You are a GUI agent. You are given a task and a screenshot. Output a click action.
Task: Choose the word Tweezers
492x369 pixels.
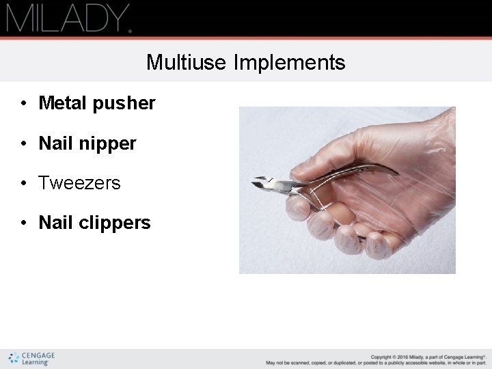79,183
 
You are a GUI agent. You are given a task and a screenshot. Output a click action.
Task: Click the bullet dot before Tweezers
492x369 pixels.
24,183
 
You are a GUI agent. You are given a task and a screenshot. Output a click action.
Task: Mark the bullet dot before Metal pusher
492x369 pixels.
24,103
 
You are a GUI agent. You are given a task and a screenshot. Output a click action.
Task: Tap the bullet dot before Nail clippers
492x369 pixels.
24,223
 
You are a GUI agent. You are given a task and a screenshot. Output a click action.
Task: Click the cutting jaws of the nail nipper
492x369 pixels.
263,183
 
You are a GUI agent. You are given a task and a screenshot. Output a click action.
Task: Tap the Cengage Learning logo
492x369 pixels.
31,358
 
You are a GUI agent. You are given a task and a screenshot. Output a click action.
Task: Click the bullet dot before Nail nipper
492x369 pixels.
24,143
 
